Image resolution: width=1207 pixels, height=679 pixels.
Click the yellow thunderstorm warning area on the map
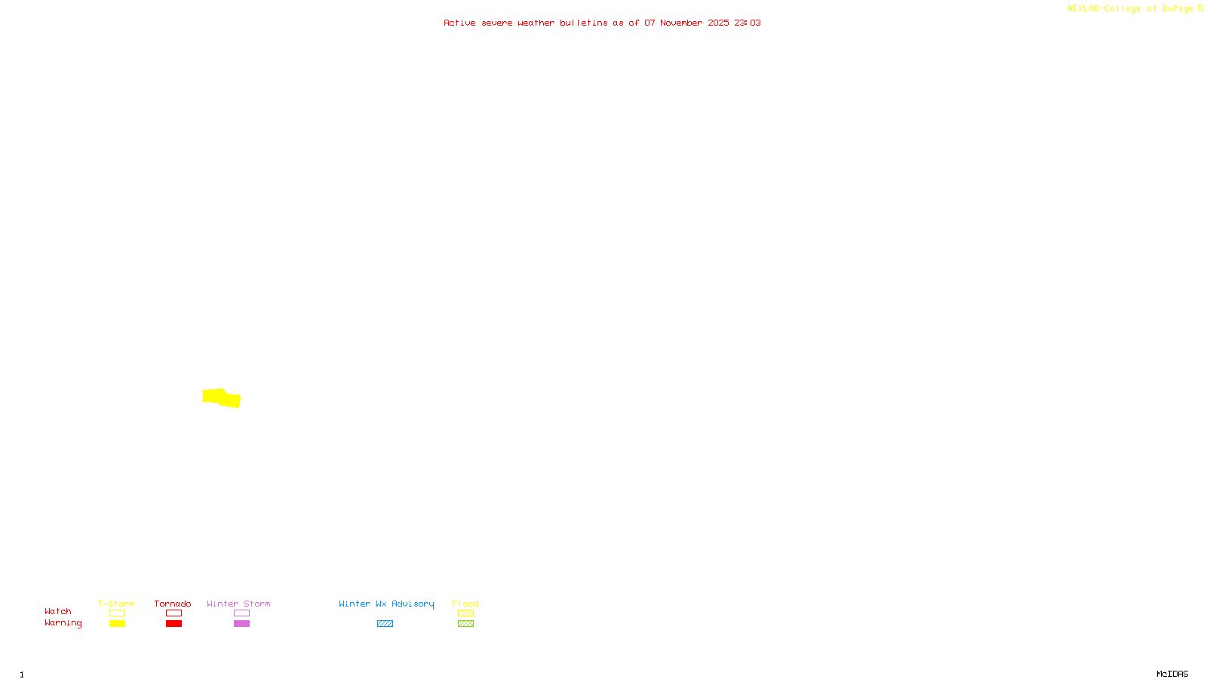(220, 397)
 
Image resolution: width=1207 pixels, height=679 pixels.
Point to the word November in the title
(680, 23)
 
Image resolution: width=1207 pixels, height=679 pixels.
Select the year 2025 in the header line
(718, 23)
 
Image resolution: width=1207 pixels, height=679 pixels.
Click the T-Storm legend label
(116, 604)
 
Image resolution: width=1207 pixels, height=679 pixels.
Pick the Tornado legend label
(173, 604)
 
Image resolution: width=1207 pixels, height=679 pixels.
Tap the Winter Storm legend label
(238, 604)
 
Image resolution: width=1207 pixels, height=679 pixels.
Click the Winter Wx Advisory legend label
(386, 604)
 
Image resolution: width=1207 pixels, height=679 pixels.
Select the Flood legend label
(465, 604)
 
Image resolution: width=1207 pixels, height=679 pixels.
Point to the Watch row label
(58, 611)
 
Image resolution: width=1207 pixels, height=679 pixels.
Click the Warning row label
(63, 623)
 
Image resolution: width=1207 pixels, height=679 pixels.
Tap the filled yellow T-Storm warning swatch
(117, 624)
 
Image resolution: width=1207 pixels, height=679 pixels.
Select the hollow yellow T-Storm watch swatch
(117, 613)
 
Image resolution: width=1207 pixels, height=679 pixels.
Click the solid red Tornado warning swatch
(174, 624)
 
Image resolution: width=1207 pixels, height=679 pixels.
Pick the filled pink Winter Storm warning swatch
(241, 624)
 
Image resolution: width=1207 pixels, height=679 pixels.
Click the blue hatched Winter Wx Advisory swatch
(385, 624)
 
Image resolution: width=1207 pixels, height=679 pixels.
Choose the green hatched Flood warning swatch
(465, 624)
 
